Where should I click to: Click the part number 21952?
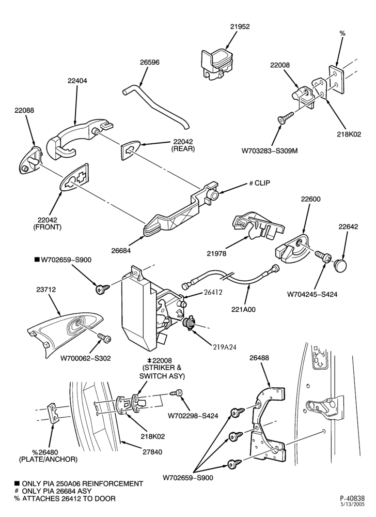click(240, 27)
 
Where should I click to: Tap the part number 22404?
click(77, 81)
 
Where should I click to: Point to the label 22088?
click(24, 110)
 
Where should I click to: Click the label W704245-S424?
click(312, 294)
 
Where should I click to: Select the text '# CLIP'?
click(259, 183)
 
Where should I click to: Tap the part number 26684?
click(121, 251)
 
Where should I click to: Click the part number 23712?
click(46, 290)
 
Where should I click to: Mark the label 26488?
click(259, 358)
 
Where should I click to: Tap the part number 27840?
click(152, 452)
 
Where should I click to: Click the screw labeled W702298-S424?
click(176, 393)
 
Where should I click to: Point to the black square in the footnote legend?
click(17, 483)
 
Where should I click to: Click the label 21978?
click(216, 253)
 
